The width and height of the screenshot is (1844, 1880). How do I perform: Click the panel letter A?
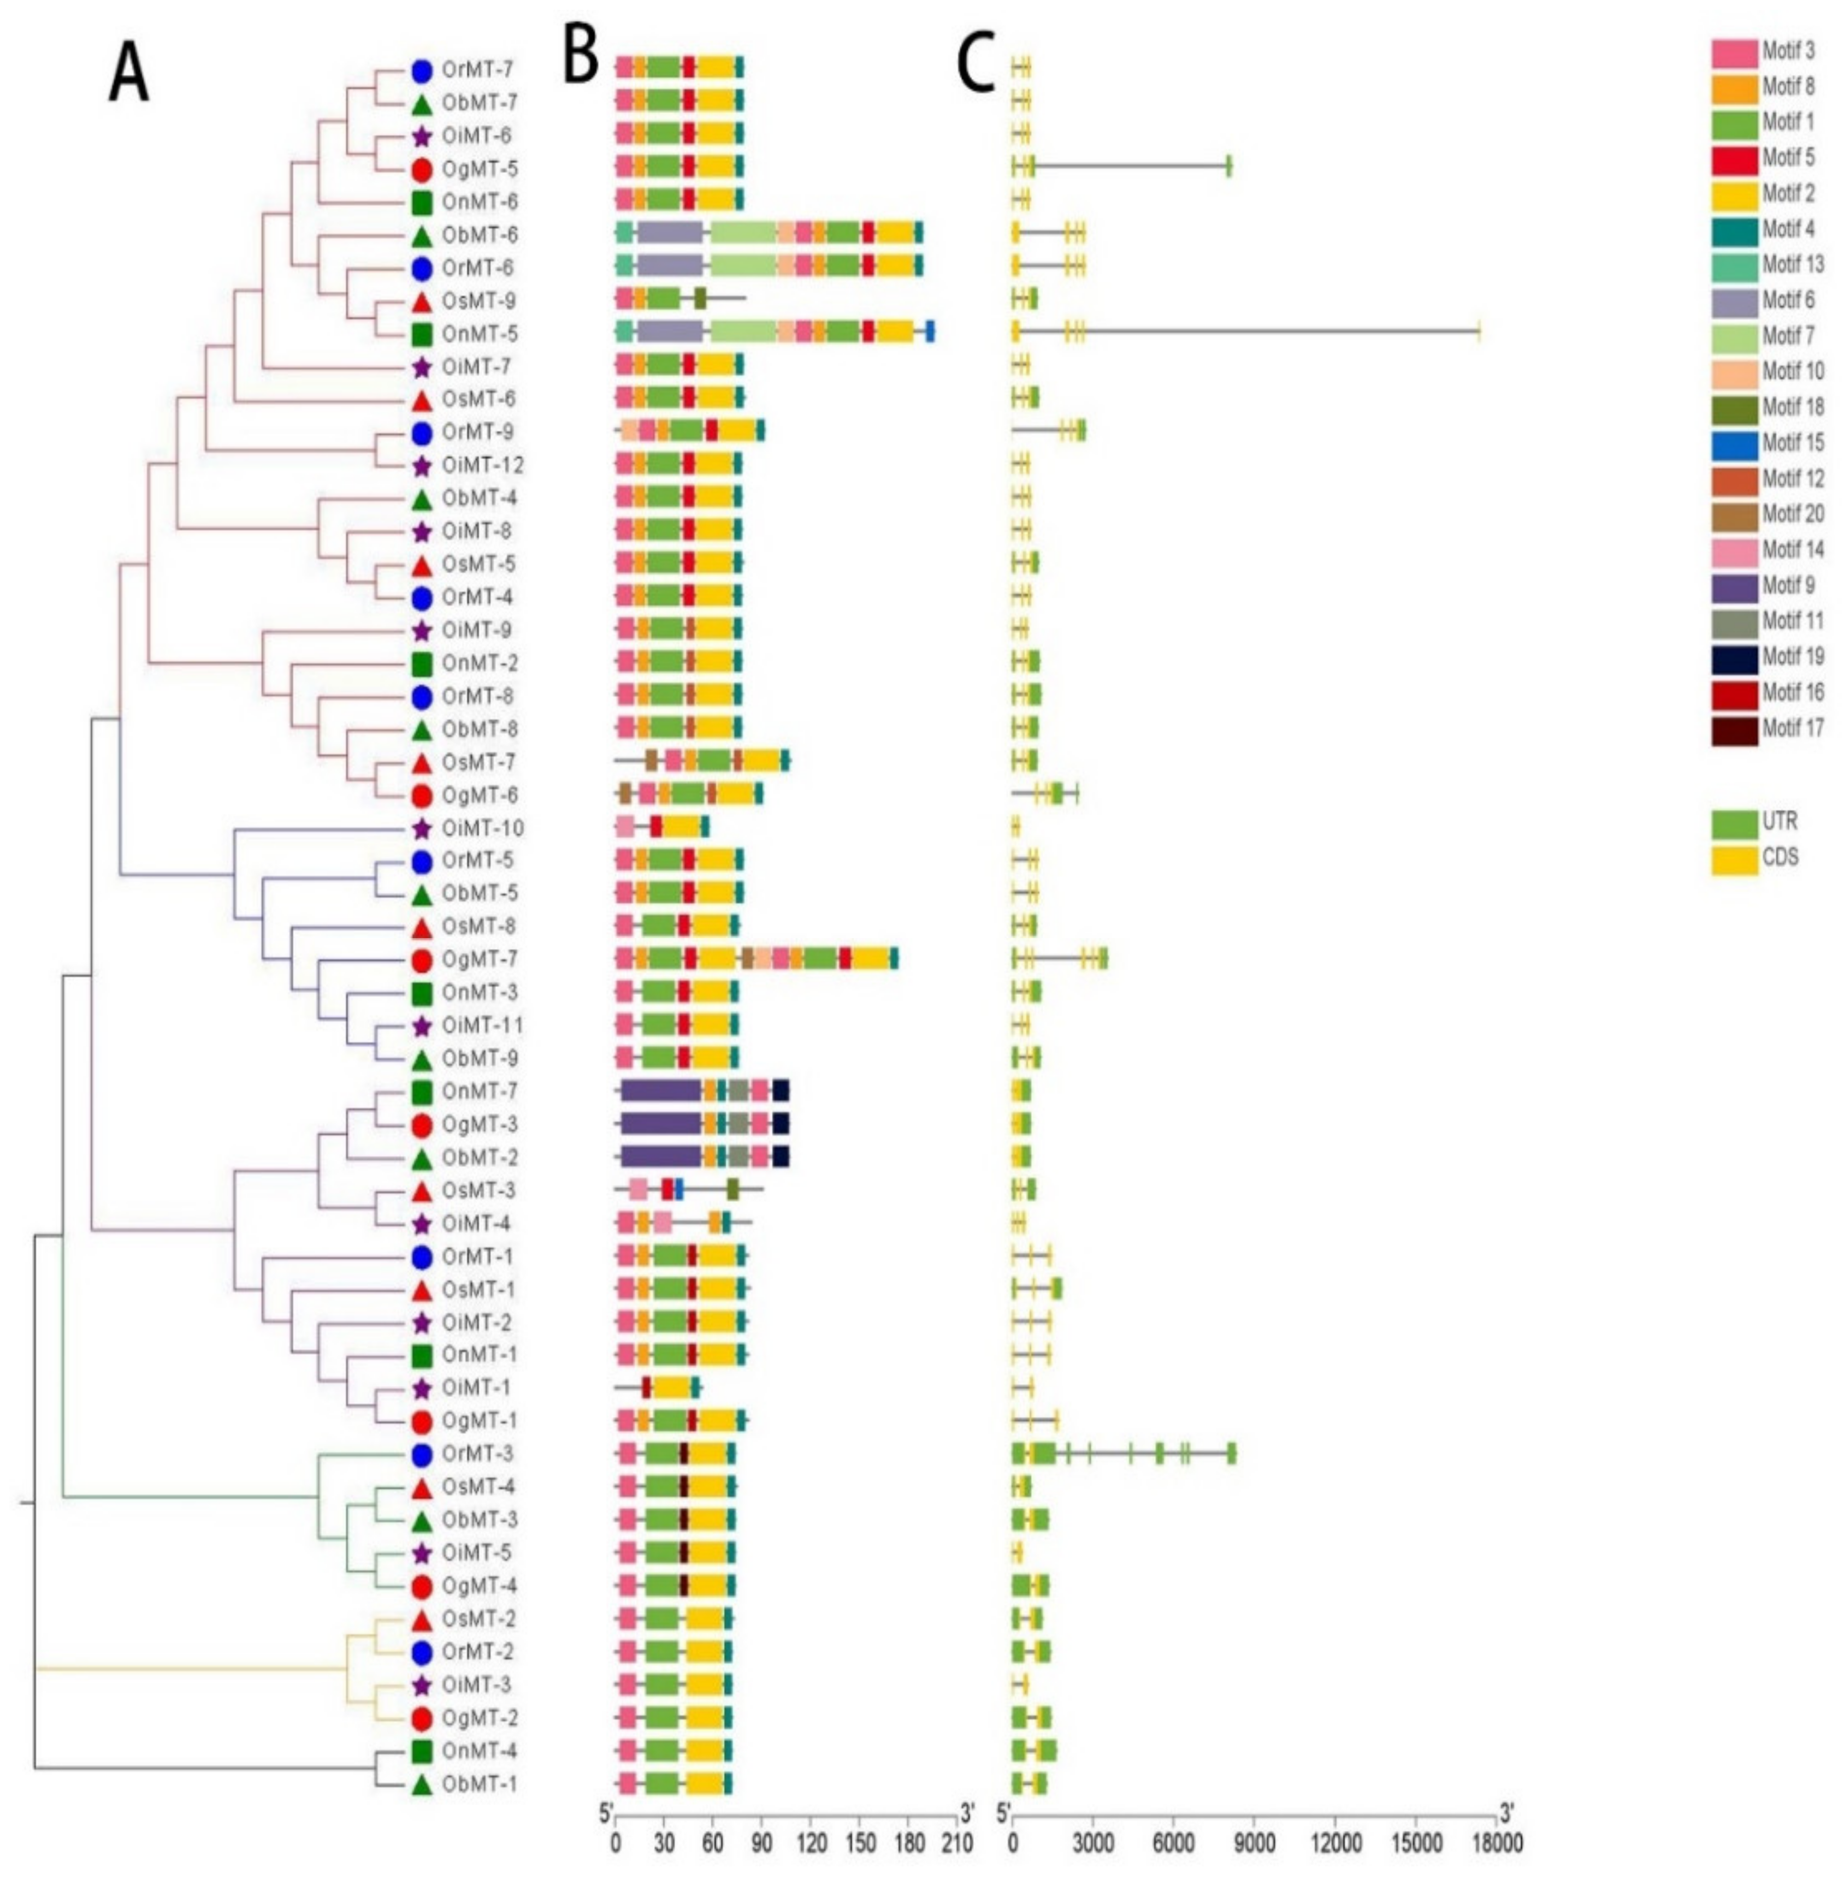(129, 75)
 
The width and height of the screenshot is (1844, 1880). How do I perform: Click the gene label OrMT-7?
(477, 70)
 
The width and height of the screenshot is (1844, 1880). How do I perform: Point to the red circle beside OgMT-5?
(421, 169)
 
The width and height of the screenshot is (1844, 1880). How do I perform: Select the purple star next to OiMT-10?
(421, 829)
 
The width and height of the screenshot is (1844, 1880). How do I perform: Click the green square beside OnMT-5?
(421, 334)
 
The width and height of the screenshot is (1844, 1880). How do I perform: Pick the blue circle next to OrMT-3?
(421, 1454)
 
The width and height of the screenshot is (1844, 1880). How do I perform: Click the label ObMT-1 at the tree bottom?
(477, 1784)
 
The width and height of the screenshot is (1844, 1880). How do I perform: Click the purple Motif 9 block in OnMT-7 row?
(660, 1091)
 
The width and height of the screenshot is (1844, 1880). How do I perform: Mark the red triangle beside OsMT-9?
(421, 301)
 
